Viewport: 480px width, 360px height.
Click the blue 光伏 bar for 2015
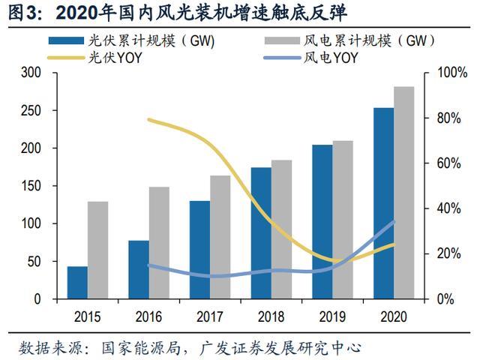tap(77, 283)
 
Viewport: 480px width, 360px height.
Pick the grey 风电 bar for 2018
tap(281, 229)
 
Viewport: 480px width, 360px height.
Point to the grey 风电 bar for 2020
tap(403, 193)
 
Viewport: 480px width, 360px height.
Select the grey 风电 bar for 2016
tap(159, 242)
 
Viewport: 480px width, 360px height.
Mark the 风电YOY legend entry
tap(337, 58)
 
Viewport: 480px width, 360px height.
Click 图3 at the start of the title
tap(19, 13)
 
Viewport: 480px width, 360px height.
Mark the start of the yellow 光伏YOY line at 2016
tap(148, 119)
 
